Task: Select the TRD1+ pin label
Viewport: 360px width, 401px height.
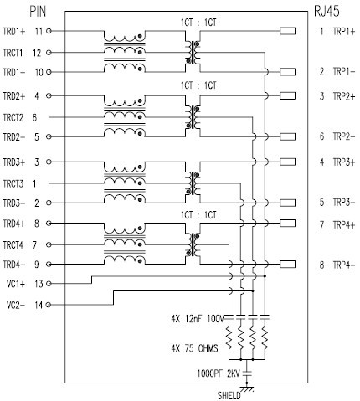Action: pyautogui.click(x=15, y=31)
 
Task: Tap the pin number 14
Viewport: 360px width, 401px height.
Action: pyautogui.click(x=39, y=306)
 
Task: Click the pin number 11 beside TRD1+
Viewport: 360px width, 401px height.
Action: pyautogui.click(x=39, y=31)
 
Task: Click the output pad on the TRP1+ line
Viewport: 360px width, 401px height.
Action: pyautogui.click(x=287, y=31)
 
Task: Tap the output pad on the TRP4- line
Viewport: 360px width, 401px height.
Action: pyautogui.click(x=287, y=265)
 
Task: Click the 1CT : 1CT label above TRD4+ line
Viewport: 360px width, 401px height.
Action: pyautogui.click(x=198, y=215)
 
